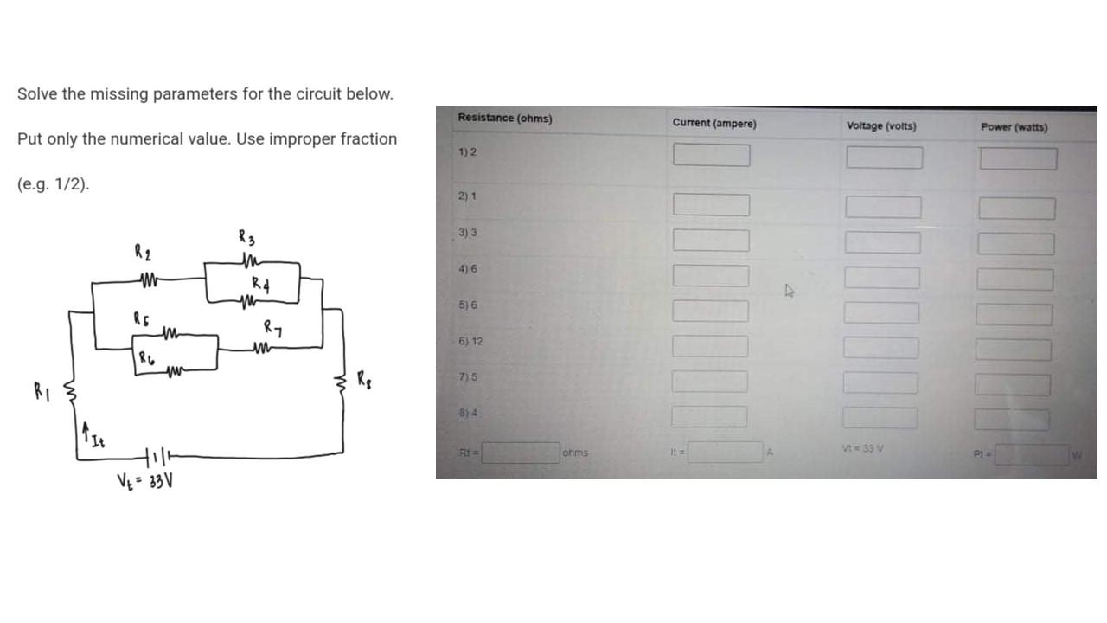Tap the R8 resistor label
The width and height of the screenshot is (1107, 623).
367,379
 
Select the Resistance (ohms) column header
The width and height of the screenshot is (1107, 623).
505,118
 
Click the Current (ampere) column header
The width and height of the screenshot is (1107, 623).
713,124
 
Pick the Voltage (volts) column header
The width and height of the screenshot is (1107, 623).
881,126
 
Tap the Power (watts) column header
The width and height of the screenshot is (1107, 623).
1014,127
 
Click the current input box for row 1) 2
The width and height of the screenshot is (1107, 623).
712,155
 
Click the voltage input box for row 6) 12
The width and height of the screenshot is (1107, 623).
881,347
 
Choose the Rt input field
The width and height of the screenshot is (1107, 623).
522,453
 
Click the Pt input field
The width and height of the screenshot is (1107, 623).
1031,455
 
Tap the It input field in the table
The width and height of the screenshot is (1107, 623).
725,453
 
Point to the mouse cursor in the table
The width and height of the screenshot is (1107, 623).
789,291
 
